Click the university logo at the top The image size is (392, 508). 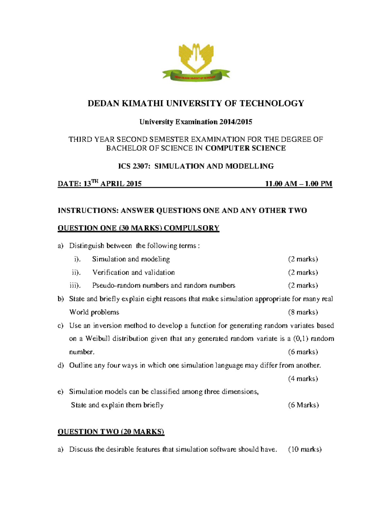point(196,62)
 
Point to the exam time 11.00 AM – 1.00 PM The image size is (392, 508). point(299,184)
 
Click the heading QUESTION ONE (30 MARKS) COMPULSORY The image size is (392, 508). point(138,228)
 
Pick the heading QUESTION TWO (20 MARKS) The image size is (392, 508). point(111,432)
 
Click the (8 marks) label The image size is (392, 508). point(303,312)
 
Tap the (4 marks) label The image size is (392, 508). point(303,378)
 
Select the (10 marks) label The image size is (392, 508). point(305,449)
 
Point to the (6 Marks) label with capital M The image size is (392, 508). point(303,405)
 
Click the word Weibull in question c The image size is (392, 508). point(98,339)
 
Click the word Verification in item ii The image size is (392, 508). point(111,272)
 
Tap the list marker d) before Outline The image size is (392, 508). point(60,365)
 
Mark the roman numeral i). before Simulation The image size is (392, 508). point(77,259)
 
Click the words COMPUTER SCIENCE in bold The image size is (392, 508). point(245,148)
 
